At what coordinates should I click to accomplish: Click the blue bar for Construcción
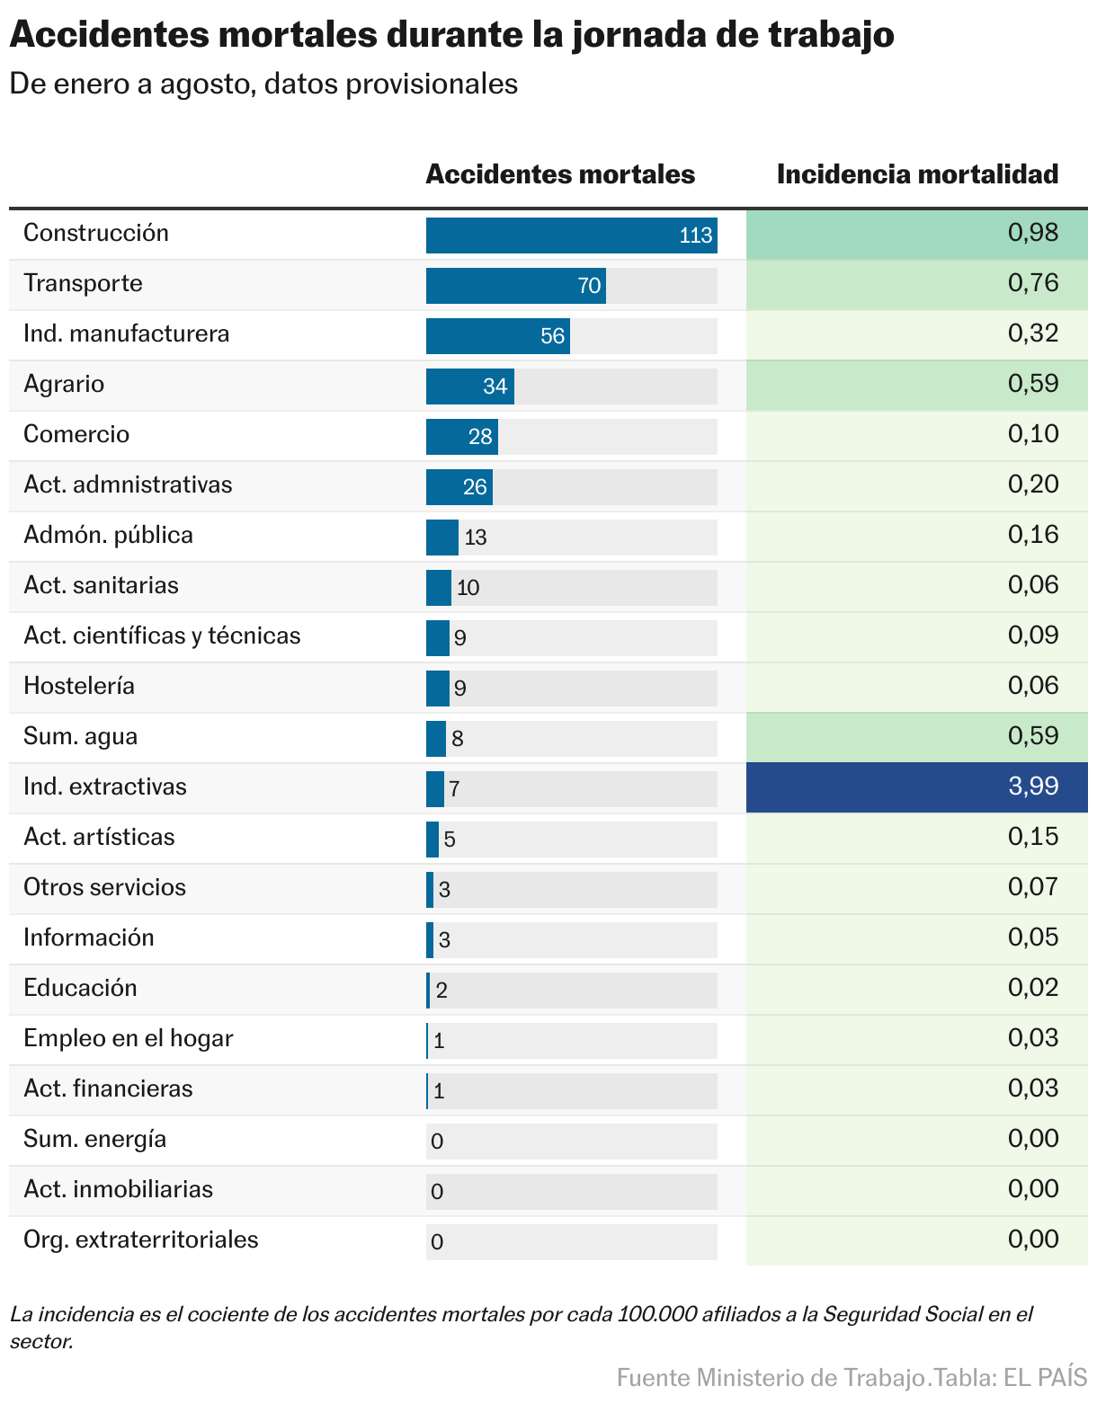(x=571, y=235)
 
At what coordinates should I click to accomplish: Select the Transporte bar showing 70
(x=515, y=286)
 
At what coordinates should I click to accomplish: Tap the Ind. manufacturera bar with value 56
(x=497, y=336)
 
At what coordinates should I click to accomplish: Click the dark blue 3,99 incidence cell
(x=916, y=787)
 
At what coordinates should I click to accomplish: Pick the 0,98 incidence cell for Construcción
(x=916, y=234)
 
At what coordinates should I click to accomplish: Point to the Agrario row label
(x=64, y=385)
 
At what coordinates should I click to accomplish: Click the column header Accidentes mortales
(x=560, y=174)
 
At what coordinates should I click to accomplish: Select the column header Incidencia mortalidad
(x=917, y=174)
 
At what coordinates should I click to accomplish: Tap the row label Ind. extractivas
(x=105, y=787)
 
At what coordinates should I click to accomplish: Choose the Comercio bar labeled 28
(x=461, y=437)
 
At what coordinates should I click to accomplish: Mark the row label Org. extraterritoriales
(x=141, y=1240)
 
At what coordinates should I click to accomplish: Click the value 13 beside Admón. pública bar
(x=476, y=538)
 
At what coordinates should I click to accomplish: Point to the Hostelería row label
(x=79, y=687)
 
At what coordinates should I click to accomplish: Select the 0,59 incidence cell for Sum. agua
(x=916, y=737)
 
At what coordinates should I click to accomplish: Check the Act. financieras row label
(x=108, y=1089)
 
